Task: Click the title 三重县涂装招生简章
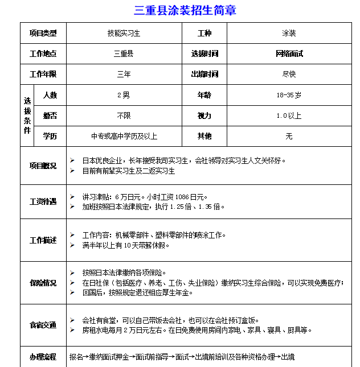185,10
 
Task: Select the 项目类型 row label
43,34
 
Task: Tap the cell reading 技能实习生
124,34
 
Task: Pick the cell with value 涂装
289,34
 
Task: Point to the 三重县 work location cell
124,54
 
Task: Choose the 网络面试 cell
289,54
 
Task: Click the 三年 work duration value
124,75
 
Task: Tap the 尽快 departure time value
289,75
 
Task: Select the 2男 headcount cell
124,95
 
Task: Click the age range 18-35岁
289,95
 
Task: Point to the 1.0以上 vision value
289,116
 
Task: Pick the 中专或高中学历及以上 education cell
124,137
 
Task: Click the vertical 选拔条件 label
27,116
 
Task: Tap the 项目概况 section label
43,166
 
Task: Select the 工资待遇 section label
43,201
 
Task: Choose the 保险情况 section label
43,283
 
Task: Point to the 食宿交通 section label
43,325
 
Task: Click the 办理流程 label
43,357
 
